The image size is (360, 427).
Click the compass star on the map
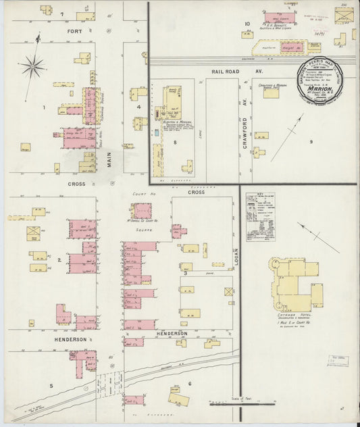point(32,66)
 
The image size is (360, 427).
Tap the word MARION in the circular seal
point(320,87)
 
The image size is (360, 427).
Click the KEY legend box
point(261,217)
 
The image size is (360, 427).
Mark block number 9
point(311,141)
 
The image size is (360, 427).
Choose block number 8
point(174,143)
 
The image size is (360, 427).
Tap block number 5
point(50,385)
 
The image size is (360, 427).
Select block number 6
point(190,384)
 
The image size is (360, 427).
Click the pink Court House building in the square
point(141,211)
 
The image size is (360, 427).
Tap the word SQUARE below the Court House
point(156,228)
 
